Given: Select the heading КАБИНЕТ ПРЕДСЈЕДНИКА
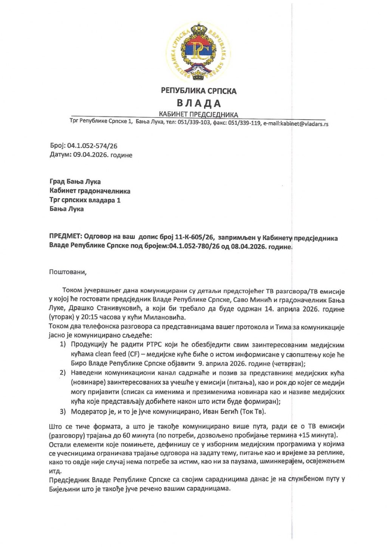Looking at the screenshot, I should (199, 114).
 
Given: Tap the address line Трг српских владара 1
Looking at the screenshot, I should (85, 200).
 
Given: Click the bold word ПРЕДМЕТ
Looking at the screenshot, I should (65, 238).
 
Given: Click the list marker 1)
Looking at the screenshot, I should (63, 345).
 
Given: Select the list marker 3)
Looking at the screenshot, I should (63, 411).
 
